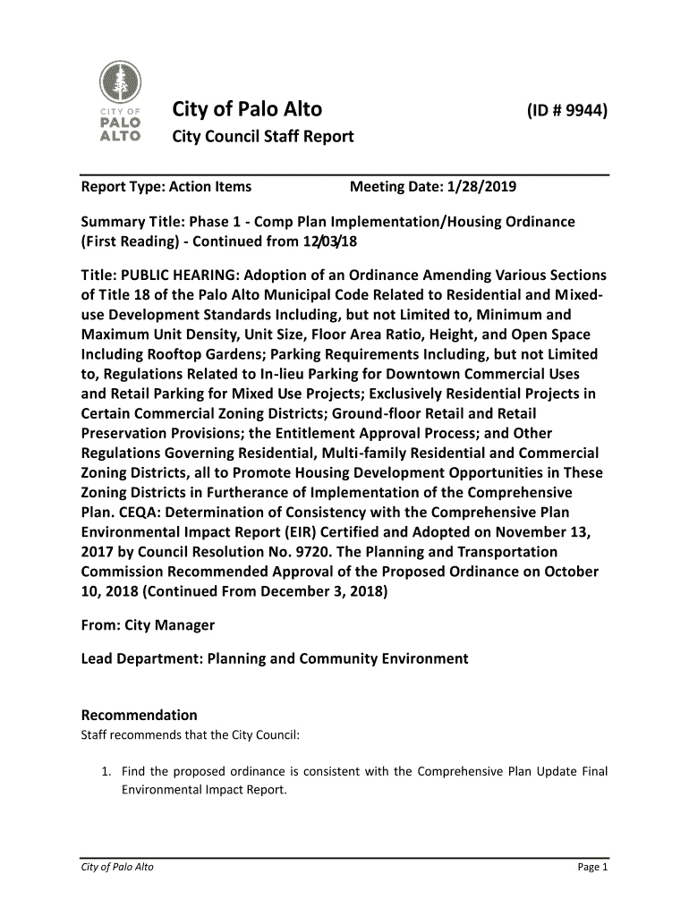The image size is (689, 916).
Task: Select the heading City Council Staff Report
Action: point(262,137)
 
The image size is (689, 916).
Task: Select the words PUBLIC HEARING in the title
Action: point(173,275)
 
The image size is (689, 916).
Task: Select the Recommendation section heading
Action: point(139,715)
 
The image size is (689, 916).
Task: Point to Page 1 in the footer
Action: point(591,869)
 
